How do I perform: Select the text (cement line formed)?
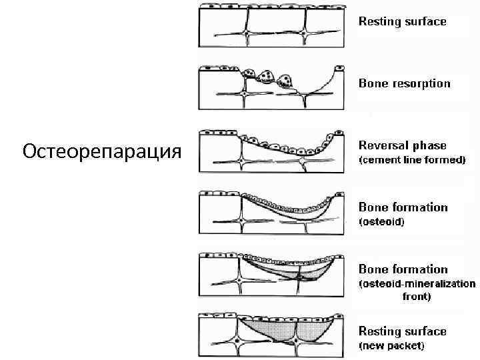pos(412,161)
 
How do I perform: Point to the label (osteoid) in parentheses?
pos(382,222)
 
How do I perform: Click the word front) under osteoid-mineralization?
pos(417,297)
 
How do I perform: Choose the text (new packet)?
pos(392,346)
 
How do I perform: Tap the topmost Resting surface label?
pos(403,21)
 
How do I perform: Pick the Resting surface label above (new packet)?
pos(403,331)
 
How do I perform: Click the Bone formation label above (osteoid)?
pos(403,207)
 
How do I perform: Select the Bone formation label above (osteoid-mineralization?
pos(403,269)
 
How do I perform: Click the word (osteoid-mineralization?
pos(417,284)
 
